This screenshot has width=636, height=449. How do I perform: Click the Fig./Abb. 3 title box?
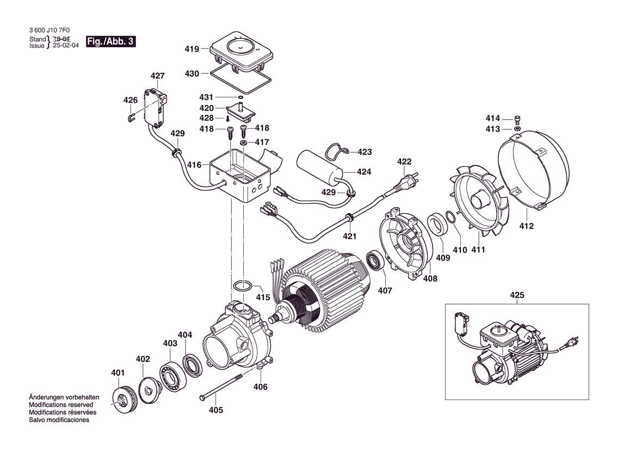(111, 42)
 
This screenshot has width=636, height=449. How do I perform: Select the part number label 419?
(192, 49)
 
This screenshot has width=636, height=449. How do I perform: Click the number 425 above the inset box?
(517, 295)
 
